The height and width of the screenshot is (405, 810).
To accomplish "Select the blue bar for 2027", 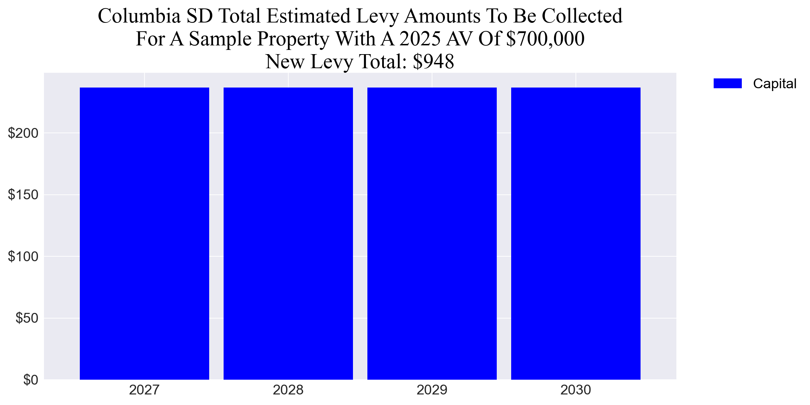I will pyautogui.click(x=144, y=233).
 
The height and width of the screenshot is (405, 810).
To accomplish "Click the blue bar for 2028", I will pyautogui.click(x=288, y=233).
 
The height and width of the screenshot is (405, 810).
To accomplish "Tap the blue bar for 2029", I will pyautogui.click(x=432, y=233).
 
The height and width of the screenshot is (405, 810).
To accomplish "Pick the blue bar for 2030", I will pyautogui.click(x=576, y=233).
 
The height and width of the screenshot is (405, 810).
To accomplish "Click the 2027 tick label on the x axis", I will pyautogui.click(x=144, y=390).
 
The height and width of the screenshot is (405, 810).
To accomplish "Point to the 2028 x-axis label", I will pyautogui.click(x=288, y=390).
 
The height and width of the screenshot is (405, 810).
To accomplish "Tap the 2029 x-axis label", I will pyautogui.click(x=432, y=390).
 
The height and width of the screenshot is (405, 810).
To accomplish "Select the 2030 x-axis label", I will pyautogui.click(x=576, y=390).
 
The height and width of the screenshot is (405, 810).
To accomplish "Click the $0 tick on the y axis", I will pyautogui.click(x=31, y=380).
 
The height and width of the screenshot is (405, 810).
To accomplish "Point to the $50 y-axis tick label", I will pyautogui.click(x=27, y=318).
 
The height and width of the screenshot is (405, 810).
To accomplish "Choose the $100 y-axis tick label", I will pyautogui.click(x=23, y=257).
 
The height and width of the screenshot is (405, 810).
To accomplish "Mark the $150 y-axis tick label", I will pyautogui.click(x=23, y=195).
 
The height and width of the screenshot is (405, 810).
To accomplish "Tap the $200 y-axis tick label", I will pyautogui.click(x=23, y=133).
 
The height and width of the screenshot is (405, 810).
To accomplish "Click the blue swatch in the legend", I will pyautogui.click(x=727, y=84).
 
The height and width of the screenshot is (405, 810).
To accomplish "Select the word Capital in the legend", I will pyautogui.click(x=774, y=84).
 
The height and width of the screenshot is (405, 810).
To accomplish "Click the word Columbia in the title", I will pyautogui.click(x=139, y=16).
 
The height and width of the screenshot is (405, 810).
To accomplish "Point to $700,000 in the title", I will pyautogui.click(x=545, y=39).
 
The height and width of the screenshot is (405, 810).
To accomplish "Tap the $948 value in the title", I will pyautogui.click(x=433, y=62).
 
